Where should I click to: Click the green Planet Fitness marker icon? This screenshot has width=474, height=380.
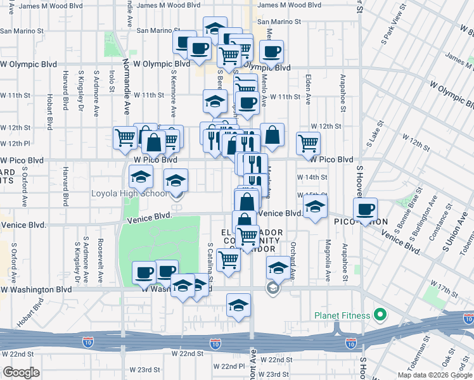point(380,314)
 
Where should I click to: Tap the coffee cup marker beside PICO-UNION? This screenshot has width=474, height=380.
point(364,210)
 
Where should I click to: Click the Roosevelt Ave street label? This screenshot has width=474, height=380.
point(101,252)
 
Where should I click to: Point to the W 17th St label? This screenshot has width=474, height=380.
point(444,290)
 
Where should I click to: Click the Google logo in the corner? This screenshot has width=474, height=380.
point(22,372)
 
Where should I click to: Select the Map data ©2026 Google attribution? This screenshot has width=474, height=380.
point(435,375)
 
